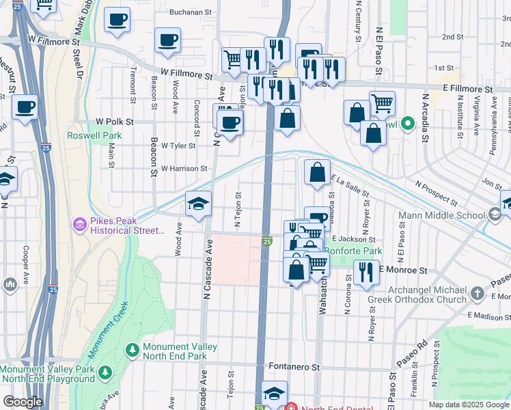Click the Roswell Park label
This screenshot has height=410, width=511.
pyautogui.click(x=94, y=135)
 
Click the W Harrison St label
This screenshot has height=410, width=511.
pyautogui.click(x=184, y=168)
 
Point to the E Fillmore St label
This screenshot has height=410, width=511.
pyautogui.click(x=467, y=90)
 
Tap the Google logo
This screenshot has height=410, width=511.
pyautogui.click(x=23, y=402)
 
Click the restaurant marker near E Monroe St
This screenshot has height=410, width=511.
pyautogui.click(x=366, y=272)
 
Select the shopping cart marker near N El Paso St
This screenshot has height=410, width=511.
pyautogui.click(x=382, y=103)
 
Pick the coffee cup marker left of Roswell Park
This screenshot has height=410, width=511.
pyautogui.click(x=25, y=107)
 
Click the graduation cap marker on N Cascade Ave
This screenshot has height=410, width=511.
pyautogui.click(x=198, y=204)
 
